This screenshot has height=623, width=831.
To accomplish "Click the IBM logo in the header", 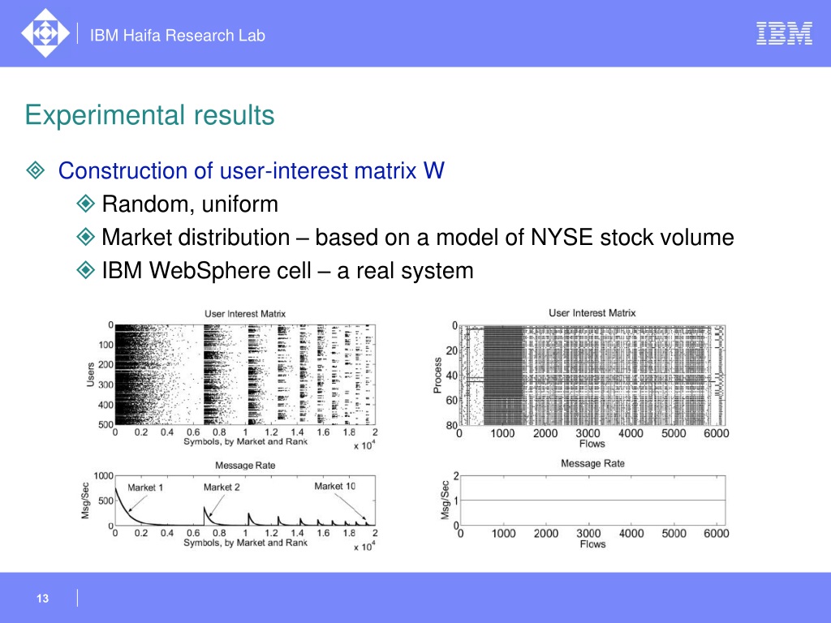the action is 784,33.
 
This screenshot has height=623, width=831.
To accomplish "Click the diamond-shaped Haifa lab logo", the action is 45,32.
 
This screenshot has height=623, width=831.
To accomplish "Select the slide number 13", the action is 42,598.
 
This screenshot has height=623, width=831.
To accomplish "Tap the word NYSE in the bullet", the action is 562,237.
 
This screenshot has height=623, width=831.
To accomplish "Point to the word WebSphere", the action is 230,271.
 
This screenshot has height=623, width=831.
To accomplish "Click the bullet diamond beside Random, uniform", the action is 85,204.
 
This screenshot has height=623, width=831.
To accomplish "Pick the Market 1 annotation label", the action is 145,488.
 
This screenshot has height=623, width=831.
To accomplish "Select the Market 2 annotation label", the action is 222,487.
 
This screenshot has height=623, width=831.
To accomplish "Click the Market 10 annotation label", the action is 335,486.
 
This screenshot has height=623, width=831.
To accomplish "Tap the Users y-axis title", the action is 91,375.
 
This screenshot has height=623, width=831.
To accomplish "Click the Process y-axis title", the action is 437,375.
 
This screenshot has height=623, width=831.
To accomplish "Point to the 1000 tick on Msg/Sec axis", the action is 103,475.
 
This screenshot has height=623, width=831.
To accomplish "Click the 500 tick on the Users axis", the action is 106,424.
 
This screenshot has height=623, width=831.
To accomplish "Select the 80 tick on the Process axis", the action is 451,425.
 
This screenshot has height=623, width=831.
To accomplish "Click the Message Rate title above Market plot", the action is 245,465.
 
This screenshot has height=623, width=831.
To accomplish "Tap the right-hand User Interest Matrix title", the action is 592,312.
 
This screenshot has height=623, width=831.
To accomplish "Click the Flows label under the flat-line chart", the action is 592,544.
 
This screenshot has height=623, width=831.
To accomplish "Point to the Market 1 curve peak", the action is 115,488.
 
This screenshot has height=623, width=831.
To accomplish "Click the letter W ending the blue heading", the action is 434,170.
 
